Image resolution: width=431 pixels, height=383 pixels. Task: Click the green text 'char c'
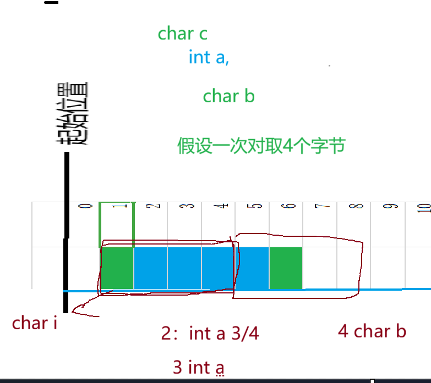[x=182, y=34]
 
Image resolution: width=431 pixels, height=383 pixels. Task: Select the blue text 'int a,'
[x=208, y=57]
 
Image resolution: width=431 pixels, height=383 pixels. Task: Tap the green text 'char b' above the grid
[x=228, y=96]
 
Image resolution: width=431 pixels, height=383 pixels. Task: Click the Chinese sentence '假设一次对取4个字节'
[x=261, y=146]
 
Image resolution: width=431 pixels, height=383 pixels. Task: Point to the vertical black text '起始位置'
[x=74, y=114]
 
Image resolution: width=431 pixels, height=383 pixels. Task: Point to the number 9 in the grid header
[x=392, y=207]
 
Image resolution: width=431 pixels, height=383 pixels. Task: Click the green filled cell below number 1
[x=117, y=268]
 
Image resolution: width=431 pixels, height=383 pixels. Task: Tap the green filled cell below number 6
[x=286, y=268]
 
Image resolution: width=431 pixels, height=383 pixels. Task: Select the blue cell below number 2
[x=150, y=268]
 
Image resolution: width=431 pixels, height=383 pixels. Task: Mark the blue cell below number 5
[x=252, y=268]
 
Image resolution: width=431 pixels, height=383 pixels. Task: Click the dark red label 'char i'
[x=35, y=323]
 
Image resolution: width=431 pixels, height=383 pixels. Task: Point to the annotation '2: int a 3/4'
[x=210, y=334]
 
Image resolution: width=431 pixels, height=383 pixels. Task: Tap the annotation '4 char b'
[x=372, y=331]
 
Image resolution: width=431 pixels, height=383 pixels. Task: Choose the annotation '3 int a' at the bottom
[x=198, y=367]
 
